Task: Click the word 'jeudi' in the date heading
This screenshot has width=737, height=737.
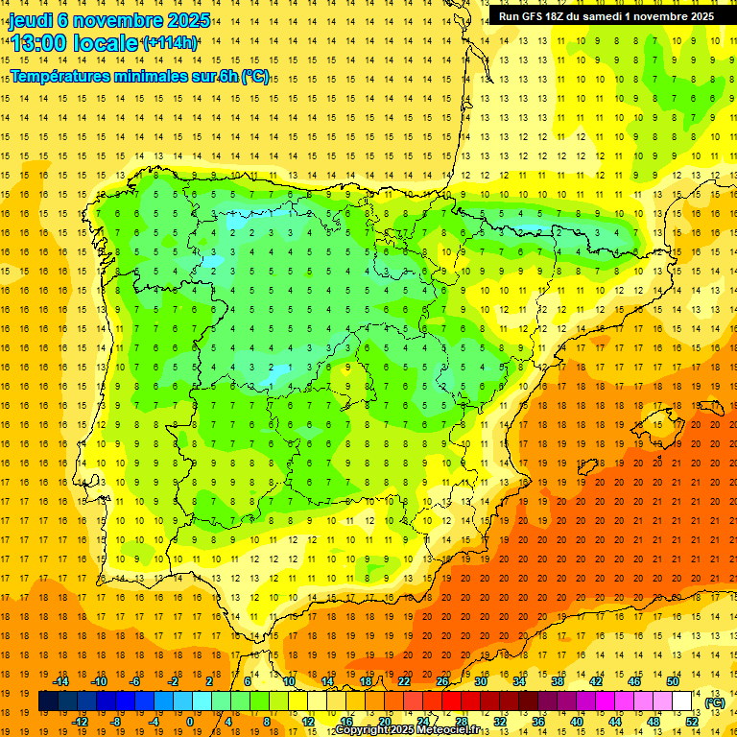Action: tap(31, 20)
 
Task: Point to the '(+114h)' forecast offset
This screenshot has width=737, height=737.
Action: tap(170, 43)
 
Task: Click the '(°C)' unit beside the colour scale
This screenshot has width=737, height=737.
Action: tap(714, 702)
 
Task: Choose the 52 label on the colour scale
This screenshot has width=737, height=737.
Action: tap(692, 722)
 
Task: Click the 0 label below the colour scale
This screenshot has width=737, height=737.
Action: tap(189, 722)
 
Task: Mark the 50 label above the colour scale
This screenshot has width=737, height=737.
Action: tap(673, 681)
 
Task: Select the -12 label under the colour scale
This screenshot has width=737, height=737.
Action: tap(80, 722)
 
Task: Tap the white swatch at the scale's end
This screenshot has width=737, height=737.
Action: tap(682, 701)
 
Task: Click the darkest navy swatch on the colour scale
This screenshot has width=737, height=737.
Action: tap(48, 701)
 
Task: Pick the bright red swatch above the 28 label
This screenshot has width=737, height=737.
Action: tap(451, 701)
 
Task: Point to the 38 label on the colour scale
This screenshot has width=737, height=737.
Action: tap(557, 681)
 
